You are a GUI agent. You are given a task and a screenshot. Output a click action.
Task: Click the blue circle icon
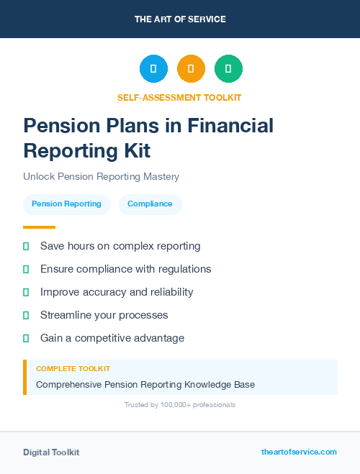[153, 69]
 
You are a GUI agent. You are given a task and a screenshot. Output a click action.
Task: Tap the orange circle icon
[191, 69]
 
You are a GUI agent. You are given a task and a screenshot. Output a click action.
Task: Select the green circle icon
[228, 69]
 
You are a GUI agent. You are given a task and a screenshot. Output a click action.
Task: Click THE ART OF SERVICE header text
[180, 19]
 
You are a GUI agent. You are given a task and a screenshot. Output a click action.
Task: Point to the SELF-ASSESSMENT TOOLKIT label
[179, 98]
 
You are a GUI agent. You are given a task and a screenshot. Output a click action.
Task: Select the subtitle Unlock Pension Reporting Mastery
[101, 176]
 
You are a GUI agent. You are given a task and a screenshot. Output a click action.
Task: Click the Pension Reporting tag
[66, 204]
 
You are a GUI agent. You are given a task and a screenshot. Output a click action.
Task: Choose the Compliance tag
[150, 204]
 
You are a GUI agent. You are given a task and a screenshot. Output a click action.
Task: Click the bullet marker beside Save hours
[26, 247]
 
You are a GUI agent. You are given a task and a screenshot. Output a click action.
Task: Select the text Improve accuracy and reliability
[117, 292]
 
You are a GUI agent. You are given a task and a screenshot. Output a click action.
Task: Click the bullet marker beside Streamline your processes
[26, 315]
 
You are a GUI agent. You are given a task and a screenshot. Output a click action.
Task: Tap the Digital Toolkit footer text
[51, 452]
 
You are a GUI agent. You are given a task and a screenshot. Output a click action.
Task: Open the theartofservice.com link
[299, 452]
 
